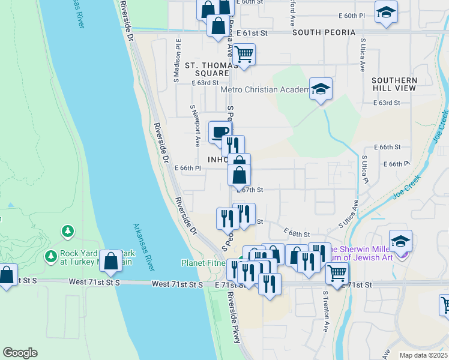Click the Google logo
point(20,353)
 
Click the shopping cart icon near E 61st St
point(244,54)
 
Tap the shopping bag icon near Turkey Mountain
point(110,261)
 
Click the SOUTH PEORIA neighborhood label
point(320,32)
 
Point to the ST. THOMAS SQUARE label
point(207,69)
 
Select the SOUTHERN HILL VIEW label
point(394,84)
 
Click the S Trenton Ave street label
point(326,312)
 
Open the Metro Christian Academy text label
point(264,90)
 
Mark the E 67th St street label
point(252,190)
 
